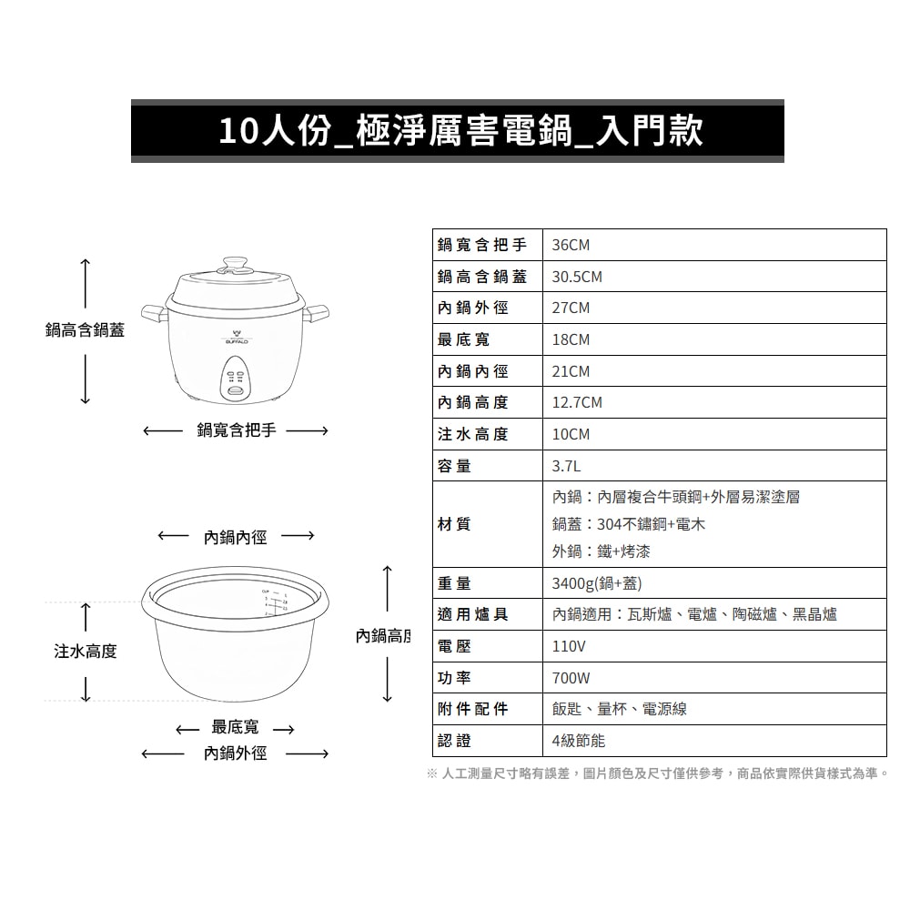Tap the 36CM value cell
point(571,246)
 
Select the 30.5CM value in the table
point(577,277)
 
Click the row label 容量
point(454,466)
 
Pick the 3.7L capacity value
point(565,466)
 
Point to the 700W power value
point(571,678)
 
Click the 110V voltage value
point(569,647)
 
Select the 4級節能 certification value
point(579,741)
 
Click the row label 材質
point(454,524)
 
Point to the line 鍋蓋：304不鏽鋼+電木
point(628,524)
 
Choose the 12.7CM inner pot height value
point(577,402)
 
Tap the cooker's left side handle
point(154,314)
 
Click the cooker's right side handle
point(318,314)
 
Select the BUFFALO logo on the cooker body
point(236,337)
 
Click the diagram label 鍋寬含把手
point(236,430)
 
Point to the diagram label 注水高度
point(86,652)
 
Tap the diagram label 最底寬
point(235,727)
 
